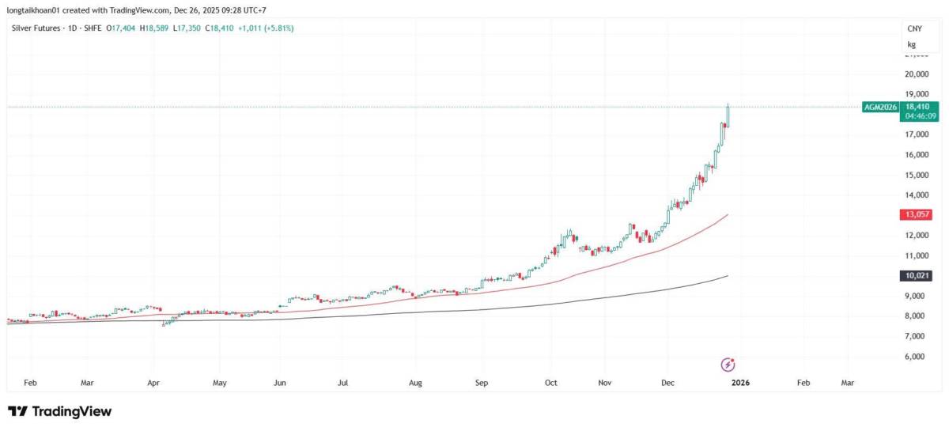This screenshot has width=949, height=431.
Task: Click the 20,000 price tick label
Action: (917, 74)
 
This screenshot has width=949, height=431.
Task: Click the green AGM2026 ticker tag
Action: (881, 107)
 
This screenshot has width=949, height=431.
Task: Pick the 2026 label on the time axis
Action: (740, 382)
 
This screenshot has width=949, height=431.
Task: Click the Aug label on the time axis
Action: (415, 382)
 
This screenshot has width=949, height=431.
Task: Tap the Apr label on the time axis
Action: (153, 382)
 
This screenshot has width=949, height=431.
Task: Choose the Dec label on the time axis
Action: (667, 382)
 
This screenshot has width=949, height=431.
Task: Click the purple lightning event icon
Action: (729, 365)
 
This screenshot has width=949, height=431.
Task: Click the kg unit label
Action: (912, 45)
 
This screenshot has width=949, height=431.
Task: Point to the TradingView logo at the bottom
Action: (59, 411)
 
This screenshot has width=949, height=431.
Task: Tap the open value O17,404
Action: (120, 28)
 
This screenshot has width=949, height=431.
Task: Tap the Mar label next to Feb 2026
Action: (847, 382)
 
